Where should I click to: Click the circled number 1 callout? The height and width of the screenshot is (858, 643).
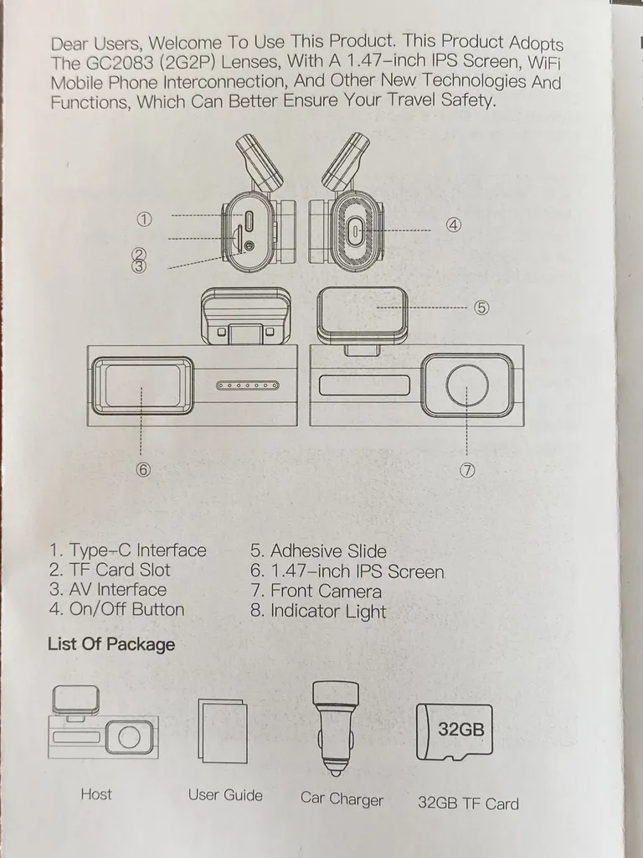point(144,220)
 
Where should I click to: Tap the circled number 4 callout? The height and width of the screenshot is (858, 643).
point(453,225)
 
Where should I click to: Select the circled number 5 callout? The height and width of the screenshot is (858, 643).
point(481,308)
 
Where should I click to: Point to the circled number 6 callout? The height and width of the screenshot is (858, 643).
point(143,470)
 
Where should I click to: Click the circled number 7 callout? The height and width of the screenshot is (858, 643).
point(467,470)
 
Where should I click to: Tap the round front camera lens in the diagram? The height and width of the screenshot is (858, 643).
point(467,386)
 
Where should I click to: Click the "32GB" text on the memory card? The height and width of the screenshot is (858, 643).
point(460,729)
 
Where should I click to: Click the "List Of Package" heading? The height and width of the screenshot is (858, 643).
point(111,644)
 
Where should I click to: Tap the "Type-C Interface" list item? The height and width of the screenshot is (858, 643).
point(127,550)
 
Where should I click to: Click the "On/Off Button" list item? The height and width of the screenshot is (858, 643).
point(116,609)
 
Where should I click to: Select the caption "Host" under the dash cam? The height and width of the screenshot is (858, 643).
point(95,793)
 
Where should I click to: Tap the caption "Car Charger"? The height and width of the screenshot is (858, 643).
point(342,799)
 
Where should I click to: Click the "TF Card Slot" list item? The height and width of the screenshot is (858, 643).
point(109,570)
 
